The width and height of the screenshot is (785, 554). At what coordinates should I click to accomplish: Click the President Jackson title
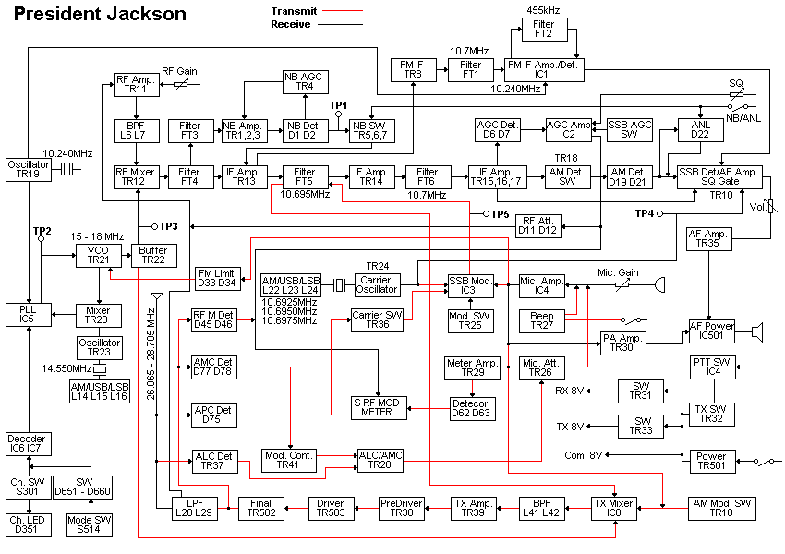coord(101,14)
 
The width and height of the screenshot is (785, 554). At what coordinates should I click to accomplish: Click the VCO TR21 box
coord(98,256)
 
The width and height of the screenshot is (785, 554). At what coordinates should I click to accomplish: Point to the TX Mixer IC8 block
coord(613,508)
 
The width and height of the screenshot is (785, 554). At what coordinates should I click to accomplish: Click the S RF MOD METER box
coord(378,406)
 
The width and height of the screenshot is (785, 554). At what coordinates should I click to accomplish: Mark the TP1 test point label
coord(339,105)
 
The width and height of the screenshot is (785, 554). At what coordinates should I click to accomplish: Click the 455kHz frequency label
coord(544,10)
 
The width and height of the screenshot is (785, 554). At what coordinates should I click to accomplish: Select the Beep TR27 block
coord(542,320)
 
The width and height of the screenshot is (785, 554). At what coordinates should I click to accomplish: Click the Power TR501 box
coord(710,461)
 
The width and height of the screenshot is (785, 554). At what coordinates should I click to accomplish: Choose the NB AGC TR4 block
coord(305,81)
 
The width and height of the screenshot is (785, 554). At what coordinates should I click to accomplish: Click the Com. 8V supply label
coord(584,455)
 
